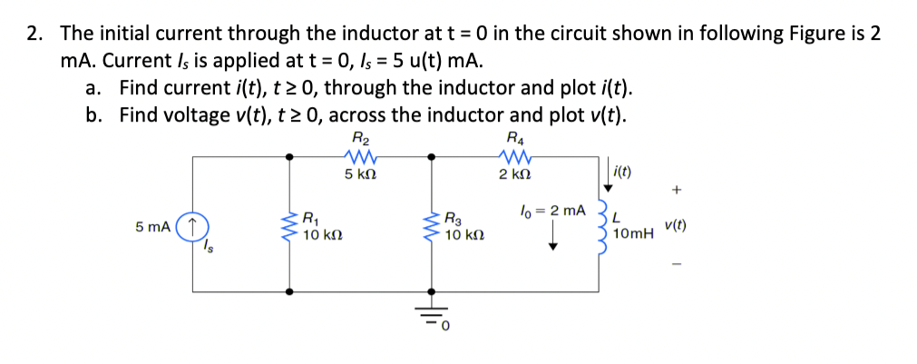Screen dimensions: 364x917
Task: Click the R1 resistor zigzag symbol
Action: point(290,223)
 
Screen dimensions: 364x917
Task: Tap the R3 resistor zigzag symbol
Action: point(432,224)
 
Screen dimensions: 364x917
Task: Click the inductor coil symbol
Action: point(599,224)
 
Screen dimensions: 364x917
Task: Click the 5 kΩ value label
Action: point(360,172)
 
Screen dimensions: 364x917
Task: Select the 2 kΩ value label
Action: point(515,172)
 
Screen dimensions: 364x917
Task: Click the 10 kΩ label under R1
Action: point(321,235)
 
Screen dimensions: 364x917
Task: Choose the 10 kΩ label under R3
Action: point(463,235)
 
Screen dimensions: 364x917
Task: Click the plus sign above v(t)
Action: point(675,191)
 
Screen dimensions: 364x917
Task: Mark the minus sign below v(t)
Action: point(675,264)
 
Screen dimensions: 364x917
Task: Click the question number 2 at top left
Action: point(34,34)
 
